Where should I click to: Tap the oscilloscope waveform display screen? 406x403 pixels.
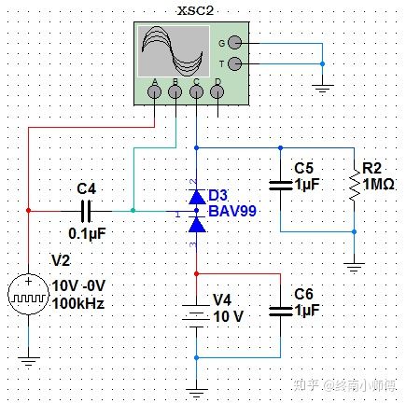pyautogui.click(x=170, y=50)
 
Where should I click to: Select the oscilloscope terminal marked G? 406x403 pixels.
pyautogui.click(x=233, y=42)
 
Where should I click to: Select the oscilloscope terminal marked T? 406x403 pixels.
pyautogui.click(x=233, y=63)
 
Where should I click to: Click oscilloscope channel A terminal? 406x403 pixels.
pyautogui.click(x=155, y=91)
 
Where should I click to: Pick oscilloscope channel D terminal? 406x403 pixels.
pyautogui.click(x=217, y=91)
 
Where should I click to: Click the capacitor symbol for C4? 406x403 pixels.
pyautogui.click(x=87, y=211)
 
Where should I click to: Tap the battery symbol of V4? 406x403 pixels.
pyautogui.click(x=197, y=313)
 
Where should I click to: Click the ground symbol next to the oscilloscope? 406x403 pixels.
pyautogui.click(x=322, y=90)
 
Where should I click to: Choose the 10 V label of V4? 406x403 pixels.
pyautogui.click(x=229, y=317)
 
